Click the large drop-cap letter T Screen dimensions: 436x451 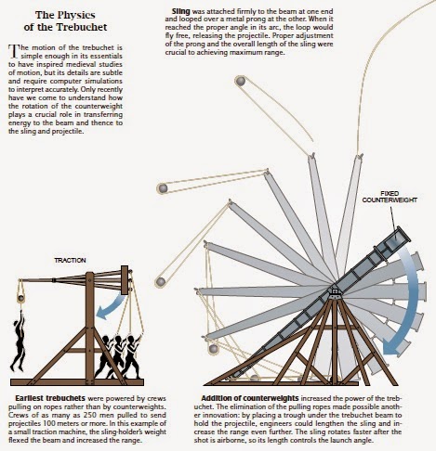pos(12,51)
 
